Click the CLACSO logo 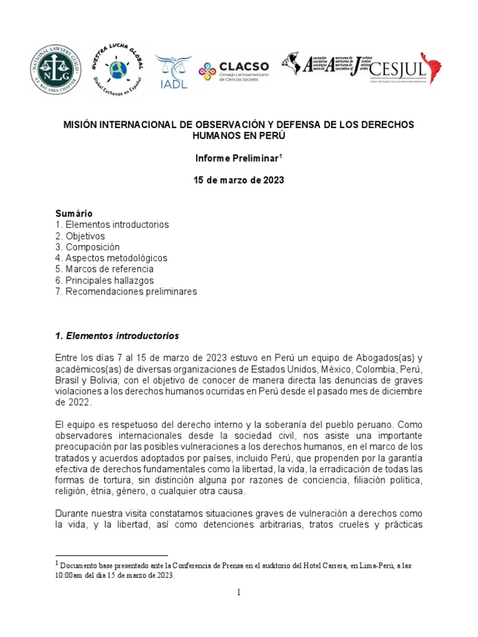233,71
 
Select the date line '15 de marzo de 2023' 239,180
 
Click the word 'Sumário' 74,213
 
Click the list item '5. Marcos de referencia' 105,269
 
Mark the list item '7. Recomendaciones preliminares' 126,292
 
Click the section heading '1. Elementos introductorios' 118,336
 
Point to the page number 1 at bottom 238,593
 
